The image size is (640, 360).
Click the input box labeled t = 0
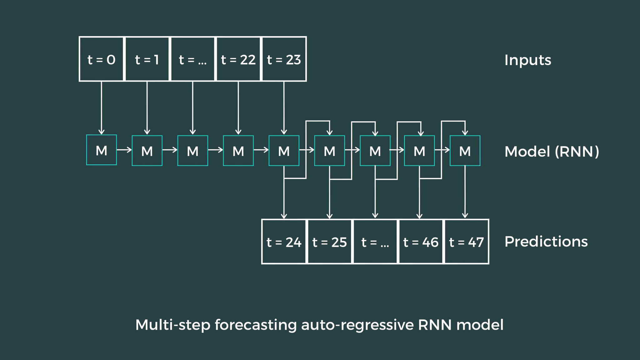click(101, 59)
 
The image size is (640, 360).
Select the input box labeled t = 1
click(147, 59)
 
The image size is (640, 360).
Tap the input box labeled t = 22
click(238, 59)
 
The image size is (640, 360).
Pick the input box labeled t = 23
click(284, 59)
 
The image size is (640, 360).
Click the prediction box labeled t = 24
click(284, 242)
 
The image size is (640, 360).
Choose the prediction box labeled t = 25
click(329, 242)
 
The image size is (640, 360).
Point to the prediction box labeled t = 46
click(421, 242)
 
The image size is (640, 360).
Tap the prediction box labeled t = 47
click(466, 242)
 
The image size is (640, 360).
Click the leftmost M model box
click(101, 150)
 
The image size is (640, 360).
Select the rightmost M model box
click(465, 151)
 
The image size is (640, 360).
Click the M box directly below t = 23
click(284, 151)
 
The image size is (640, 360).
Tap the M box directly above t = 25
click(329, 151)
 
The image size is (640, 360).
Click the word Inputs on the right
click(527, 60)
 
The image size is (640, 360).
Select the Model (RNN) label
click(552, 152)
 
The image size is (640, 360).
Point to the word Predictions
click(546, 242)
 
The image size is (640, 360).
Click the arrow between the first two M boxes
click(124, 150)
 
